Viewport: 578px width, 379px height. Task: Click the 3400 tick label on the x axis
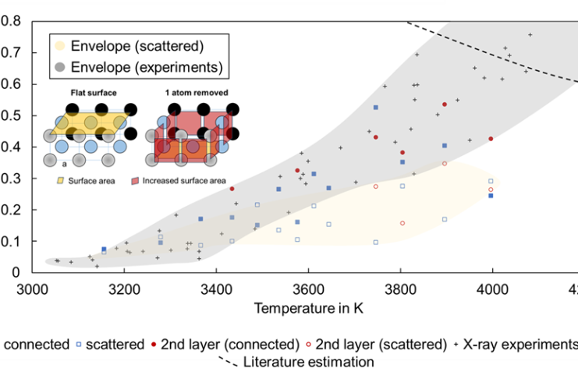(216, 288)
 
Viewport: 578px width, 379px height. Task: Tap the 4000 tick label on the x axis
(492, 288)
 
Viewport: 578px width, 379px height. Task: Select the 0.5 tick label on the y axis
(10, 115)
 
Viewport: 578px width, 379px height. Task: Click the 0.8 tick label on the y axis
(10, 21)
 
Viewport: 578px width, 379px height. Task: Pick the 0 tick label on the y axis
(15, 272)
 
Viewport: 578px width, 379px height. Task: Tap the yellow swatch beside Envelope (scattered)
(59, 46)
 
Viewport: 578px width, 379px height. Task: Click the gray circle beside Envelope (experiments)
(59, 67)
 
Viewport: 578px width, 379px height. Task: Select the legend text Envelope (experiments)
(147, 67)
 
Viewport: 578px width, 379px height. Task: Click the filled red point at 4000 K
(491, 139)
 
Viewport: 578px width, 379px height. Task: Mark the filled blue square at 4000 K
(491, 196)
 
